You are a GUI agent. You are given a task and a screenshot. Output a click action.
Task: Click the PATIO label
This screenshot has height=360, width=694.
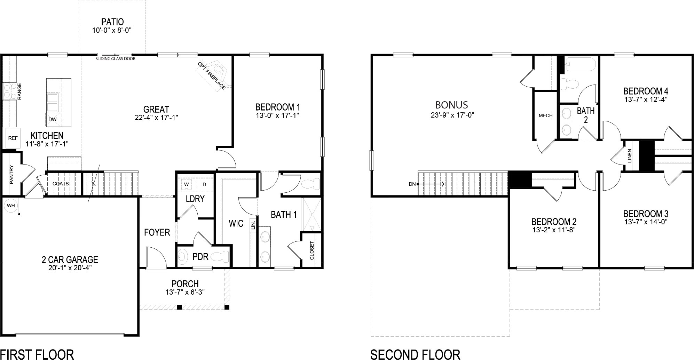[112, 22]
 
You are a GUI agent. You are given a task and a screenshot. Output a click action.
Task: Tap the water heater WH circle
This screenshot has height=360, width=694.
[11, 206]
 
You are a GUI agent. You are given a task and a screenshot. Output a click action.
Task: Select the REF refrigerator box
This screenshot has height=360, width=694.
[13, 138]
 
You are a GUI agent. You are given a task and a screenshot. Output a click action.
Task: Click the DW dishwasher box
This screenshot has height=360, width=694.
[52, 119]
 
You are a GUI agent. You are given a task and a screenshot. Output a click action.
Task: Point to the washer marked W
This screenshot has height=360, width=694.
[187, 184]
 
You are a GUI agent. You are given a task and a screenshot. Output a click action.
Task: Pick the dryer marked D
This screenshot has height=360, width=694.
[204, 184]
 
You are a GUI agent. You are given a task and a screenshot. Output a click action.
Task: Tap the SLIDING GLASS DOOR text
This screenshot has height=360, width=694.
[116, 59]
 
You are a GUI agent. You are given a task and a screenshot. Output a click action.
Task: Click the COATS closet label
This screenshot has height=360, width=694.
[61, 184]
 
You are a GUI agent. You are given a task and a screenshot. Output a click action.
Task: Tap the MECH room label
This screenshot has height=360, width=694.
[545, 115]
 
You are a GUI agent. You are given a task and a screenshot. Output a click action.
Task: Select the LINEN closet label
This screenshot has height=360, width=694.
[629, 156]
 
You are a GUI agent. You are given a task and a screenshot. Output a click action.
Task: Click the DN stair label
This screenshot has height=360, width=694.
[412, 184]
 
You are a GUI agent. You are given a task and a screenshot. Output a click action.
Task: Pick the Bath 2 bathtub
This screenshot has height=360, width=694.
[581, 65]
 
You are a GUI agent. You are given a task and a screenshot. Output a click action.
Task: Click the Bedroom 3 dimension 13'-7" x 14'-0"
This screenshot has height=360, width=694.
[646, 222]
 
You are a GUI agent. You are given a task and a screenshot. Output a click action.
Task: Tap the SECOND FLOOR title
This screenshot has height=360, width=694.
[415, 354]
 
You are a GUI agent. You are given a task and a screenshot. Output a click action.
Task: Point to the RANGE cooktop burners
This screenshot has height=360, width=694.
[8, 91]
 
